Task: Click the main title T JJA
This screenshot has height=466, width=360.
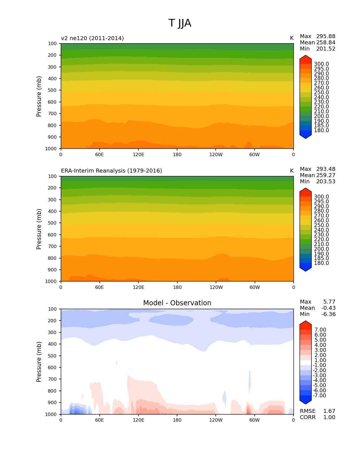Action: (180, 23)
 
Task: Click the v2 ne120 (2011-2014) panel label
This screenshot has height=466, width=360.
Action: (92, 38)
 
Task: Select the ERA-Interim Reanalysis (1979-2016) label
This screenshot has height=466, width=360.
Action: (112, 171)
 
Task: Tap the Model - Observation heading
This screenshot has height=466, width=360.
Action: (177, 303)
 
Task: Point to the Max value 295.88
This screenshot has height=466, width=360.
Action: (326, 36)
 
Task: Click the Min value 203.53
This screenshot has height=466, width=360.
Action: (326, 182)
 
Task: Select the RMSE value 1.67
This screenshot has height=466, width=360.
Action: (329, 411)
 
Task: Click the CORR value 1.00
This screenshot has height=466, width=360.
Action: (329, 417)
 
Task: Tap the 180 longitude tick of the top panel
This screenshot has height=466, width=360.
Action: (177, 155)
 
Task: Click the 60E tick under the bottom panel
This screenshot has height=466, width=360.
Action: (99, 420)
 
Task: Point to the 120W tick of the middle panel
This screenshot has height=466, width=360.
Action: (216, 288)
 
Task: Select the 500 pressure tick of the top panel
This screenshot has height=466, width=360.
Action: (53, 90)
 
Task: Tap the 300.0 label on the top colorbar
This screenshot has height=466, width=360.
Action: (321, 64)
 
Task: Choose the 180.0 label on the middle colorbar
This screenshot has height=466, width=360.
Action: (321, 263)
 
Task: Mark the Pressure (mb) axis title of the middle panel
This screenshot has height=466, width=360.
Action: (39, 229)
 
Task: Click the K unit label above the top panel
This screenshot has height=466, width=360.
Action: (292, 38)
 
